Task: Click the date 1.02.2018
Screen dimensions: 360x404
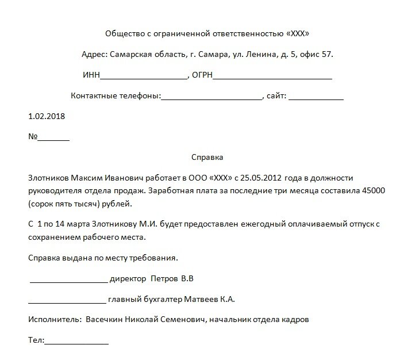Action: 47,116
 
